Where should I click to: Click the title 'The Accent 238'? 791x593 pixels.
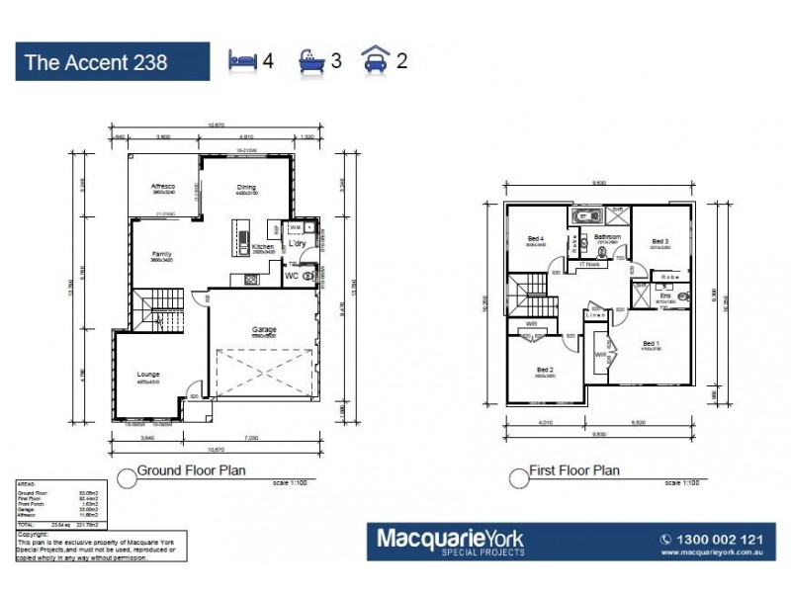[96, 62]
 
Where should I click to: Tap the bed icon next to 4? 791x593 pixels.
[242, 60]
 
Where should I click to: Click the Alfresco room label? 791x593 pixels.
[162, 187]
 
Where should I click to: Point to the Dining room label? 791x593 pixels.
[246, 187]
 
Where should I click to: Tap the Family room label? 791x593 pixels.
[162, 254]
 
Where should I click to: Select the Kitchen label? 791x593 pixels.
[263, 246]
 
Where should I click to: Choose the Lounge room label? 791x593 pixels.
[148, 375]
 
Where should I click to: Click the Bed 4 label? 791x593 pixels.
[535, 239]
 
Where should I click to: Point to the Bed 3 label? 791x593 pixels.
[660, 241]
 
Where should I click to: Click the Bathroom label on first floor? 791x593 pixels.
[606, 237]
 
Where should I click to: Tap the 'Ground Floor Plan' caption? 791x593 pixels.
[191, 470]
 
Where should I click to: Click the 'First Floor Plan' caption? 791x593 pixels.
[574, 470]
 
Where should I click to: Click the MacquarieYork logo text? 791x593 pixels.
[450, 539]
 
